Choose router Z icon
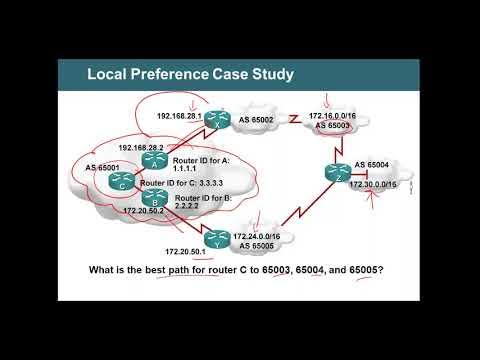point(335,173)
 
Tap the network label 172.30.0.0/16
point(373,186)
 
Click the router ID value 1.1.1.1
point(187,170)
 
